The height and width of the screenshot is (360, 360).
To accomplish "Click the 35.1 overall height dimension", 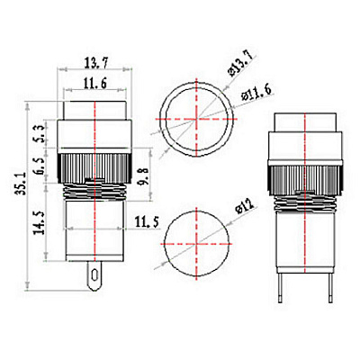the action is click(22, 183).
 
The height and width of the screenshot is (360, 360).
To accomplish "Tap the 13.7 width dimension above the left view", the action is click(95, 63).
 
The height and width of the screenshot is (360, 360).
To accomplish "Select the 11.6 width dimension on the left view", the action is click(95, 84).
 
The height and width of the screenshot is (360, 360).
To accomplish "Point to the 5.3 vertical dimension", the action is click(41, 134).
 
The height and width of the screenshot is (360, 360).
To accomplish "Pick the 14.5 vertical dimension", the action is click(39, 222).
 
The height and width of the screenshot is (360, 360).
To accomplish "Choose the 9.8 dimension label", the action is click(144, 175).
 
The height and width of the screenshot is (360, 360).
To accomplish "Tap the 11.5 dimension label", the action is click(147, 222).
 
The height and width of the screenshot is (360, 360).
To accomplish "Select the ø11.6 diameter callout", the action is click(256, 94).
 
